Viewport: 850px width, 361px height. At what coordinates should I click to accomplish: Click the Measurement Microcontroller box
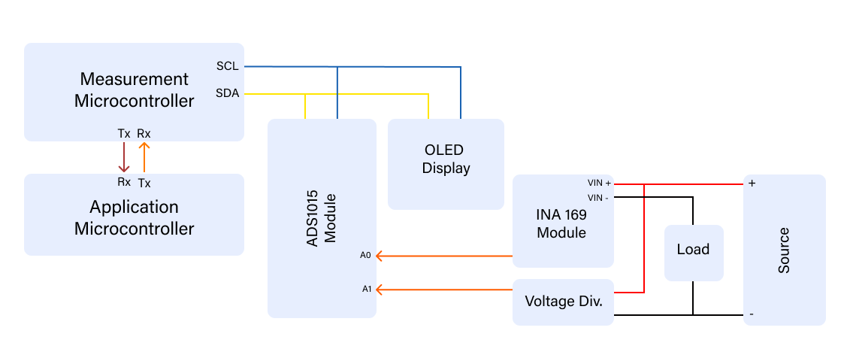pos(134,90)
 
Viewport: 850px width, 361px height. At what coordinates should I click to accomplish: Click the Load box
pos(692,250)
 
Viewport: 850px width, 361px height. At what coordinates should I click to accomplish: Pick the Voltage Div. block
pos(563,302)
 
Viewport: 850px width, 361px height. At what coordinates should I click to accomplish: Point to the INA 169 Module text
pos(561,223)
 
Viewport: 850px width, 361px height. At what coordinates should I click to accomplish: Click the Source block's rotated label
pos(784,250)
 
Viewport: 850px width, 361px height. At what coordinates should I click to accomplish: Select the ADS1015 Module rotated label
pos(322,218)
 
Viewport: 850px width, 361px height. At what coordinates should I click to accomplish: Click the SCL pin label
pos(227,66)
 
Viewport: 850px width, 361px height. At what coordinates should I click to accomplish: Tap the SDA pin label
pos(227,94)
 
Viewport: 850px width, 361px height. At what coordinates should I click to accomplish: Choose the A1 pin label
pos(366,289)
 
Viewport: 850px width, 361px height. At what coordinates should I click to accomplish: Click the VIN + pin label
pos(599,184)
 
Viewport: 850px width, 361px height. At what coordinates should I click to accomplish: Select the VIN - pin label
pos(598,197)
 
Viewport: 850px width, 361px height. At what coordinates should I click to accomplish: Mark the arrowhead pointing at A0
pos(380,256)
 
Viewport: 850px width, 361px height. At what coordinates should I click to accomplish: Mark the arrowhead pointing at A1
pos(380,290)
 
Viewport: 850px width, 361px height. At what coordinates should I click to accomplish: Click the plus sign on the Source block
pos(752,184)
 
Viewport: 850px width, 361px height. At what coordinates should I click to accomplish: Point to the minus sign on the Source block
pos(752,314)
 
